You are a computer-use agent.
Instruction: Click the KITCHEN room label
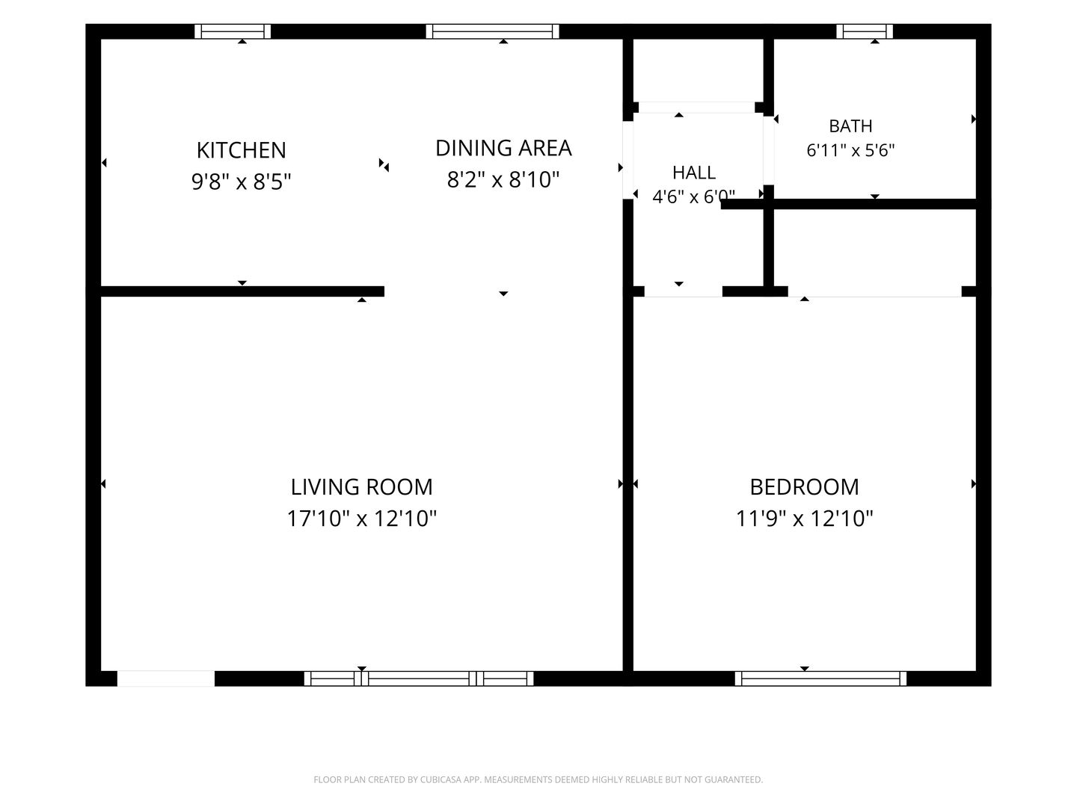click(x=241, y=150)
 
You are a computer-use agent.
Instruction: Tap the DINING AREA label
click(x=503, y=149)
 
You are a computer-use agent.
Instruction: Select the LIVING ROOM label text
click(x=361, y=487)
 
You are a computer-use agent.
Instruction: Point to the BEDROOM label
click(x=804, y=487)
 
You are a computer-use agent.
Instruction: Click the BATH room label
click(x=850, y=126)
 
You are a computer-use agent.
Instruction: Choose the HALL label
click(x=694, y=173)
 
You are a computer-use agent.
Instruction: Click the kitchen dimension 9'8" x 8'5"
click(x=241, y=182)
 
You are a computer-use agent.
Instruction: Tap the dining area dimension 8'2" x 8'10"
click(x=503, y=179)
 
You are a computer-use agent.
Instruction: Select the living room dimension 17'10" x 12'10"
click(x=361, y=519)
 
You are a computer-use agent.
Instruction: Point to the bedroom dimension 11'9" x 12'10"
click(x=804, y=519)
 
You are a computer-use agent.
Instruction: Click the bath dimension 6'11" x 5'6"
click(x=850, y=150)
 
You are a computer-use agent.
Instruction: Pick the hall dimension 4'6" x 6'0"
click(x=693, y=197)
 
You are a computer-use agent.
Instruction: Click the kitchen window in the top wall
click(x=233, y=31)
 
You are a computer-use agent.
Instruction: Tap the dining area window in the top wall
click(x=492, y=31)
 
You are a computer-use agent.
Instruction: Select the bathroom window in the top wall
click(x=864, y=31)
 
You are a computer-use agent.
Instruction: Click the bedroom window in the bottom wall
click(x=820, y=678)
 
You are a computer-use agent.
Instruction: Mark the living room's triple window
click(x=419, y=678)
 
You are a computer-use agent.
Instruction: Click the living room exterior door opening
click(x=166, y=678)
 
